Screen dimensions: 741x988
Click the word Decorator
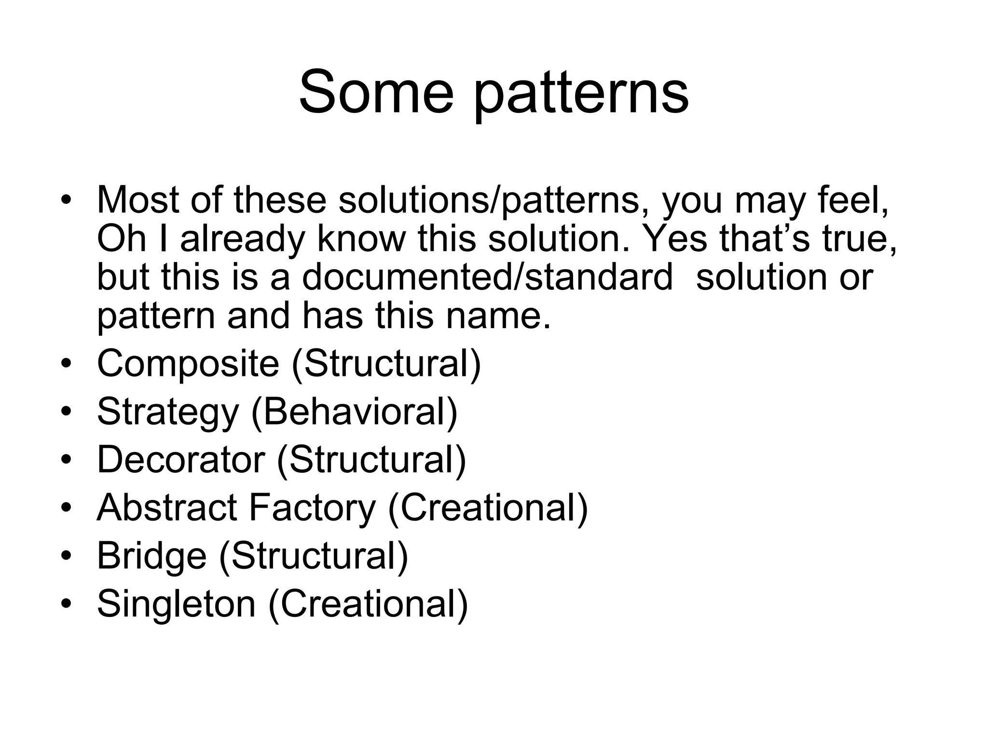click(181, 459)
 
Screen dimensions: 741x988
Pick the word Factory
click(312, 508)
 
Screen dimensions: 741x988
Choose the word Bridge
click(151, 556)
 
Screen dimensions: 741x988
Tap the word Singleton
click(176, 604)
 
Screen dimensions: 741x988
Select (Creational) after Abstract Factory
click(488, 508)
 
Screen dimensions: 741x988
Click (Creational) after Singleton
click(368, 604)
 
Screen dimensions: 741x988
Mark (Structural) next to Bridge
click(314, 556)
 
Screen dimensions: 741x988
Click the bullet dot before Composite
click(66, 363)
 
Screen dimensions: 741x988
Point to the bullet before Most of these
click(66, 200)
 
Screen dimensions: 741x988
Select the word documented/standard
click(487, 277)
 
